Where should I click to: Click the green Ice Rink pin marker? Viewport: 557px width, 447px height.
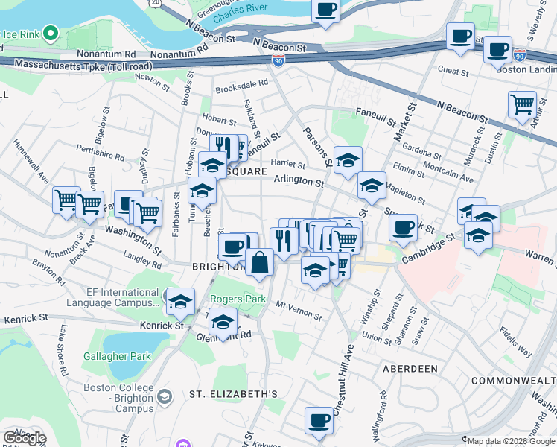tap(51, 33)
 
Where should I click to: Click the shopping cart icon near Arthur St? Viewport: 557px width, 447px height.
tap(522, 104)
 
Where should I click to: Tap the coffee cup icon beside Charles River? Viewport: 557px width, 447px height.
tap(325, 10)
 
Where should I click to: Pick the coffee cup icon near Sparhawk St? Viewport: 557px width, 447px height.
tap(403, 226)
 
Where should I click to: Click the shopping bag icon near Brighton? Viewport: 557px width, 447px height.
tap(259, 262)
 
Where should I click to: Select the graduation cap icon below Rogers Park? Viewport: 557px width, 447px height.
tap(223, 323)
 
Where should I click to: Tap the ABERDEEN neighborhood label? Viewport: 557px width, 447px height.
tap(410, 369)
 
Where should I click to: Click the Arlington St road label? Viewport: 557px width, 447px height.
tap(299, 180)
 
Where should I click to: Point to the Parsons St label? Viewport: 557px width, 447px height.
tap(316, 146)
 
